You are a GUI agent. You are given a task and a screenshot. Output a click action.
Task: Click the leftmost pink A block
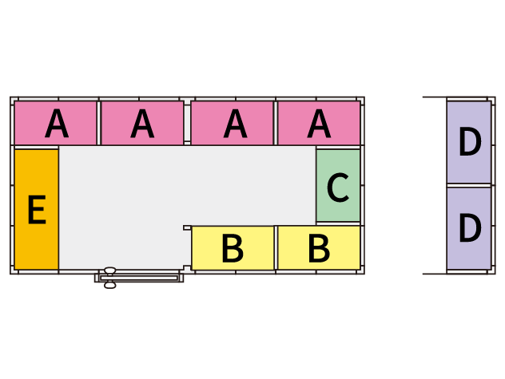[55, 123]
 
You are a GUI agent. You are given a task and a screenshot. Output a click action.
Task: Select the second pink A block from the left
[142, 123]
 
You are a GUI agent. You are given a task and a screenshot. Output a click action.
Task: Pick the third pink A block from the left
[233, 123]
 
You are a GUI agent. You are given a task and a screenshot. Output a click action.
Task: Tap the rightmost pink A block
[319, 123]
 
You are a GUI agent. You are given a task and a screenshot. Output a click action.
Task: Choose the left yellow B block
[233, 248]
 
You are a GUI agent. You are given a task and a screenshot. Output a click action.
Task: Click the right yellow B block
[319, 248]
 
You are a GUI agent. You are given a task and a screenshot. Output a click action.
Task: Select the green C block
[338, 186]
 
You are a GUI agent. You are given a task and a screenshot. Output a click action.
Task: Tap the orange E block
[36, 209]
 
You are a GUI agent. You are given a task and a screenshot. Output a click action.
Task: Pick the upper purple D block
[469, 142]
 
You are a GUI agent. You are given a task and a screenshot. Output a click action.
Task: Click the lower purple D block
[469, 228]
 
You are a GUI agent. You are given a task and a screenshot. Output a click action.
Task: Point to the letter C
[338, 188]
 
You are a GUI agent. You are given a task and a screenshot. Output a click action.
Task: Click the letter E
[36, 210]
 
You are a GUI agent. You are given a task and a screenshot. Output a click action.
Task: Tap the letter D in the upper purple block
[470, 143]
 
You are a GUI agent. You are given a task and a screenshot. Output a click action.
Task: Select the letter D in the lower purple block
[470, 229]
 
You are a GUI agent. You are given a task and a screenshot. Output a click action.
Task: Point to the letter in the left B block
[233, 249]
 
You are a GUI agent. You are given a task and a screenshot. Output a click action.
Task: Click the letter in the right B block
[319, 249]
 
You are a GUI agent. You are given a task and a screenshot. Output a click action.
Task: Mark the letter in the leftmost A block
[56, 124]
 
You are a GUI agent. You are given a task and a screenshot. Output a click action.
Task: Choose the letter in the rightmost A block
[319, 124]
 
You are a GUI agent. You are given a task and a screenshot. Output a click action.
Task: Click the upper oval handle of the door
[110, 271]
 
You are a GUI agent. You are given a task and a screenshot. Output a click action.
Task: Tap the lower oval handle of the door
[110, 285]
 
